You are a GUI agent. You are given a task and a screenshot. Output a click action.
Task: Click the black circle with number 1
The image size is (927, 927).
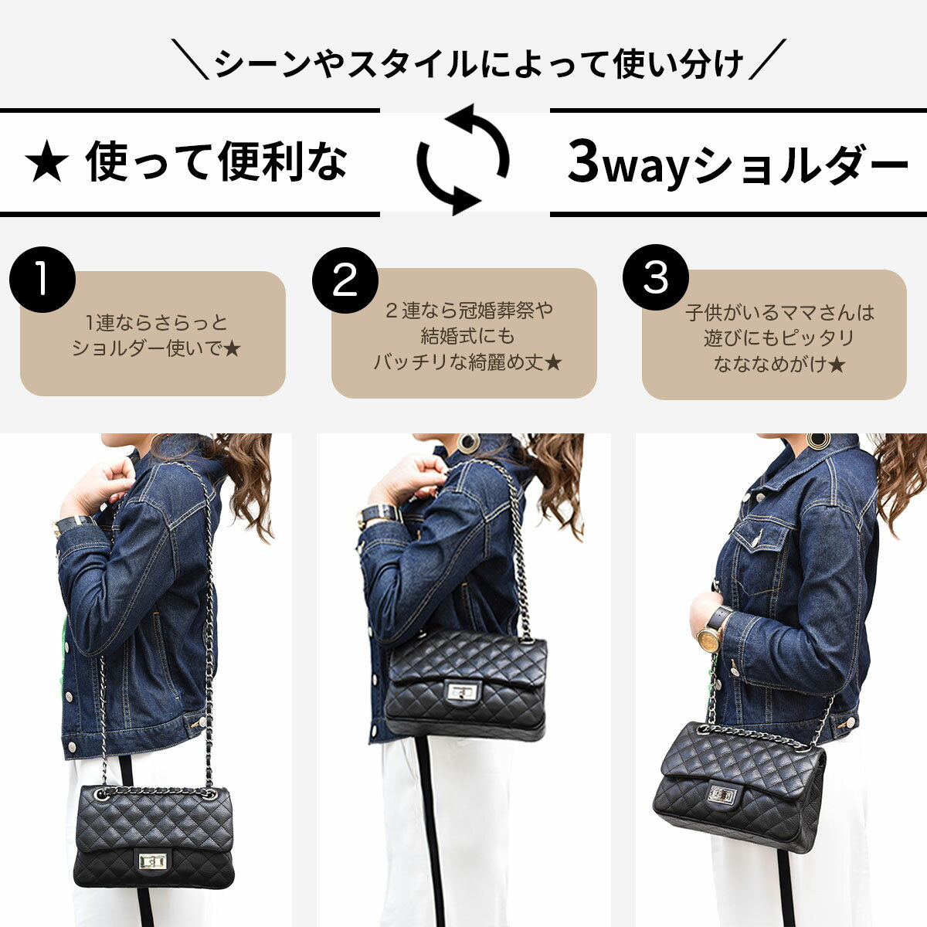coord(42,280)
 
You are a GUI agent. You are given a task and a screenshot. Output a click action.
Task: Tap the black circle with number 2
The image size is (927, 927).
coord(345,280)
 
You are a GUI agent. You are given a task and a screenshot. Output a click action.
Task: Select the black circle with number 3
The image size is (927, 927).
coord(656,277)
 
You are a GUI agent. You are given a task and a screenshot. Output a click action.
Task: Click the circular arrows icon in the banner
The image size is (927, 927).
coord(463,159)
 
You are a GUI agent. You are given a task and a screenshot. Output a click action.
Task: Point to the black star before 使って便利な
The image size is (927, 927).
coord(46,161)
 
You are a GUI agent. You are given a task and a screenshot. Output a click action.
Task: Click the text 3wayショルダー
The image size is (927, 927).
coord(738,162)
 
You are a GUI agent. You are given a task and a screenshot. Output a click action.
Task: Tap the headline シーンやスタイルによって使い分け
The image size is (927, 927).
coord(479,63)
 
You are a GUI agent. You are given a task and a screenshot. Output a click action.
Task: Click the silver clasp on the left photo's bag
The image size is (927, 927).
coord(152,861)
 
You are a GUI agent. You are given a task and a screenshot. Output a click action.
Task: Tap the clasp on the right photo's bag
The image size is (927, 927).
coord(722,795)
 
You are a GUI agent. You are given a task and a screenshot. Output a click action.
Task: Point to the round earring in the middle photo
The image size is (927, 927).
coord(468,443)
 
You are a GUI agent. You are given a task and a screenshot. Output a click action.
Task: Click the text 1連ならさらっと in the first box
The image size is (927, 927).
coord(156,322)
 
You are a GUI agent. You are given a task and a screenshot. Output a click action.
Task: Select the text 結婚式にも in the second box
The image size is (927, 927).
coord(467,336)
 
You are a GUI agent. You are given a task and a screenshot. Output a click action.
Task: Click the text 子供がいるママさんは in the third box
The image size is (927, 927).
coord(779,313)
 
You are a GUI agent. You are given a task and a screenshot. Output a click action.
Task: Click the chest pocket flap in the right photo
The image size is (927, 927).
coord(759,531)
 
